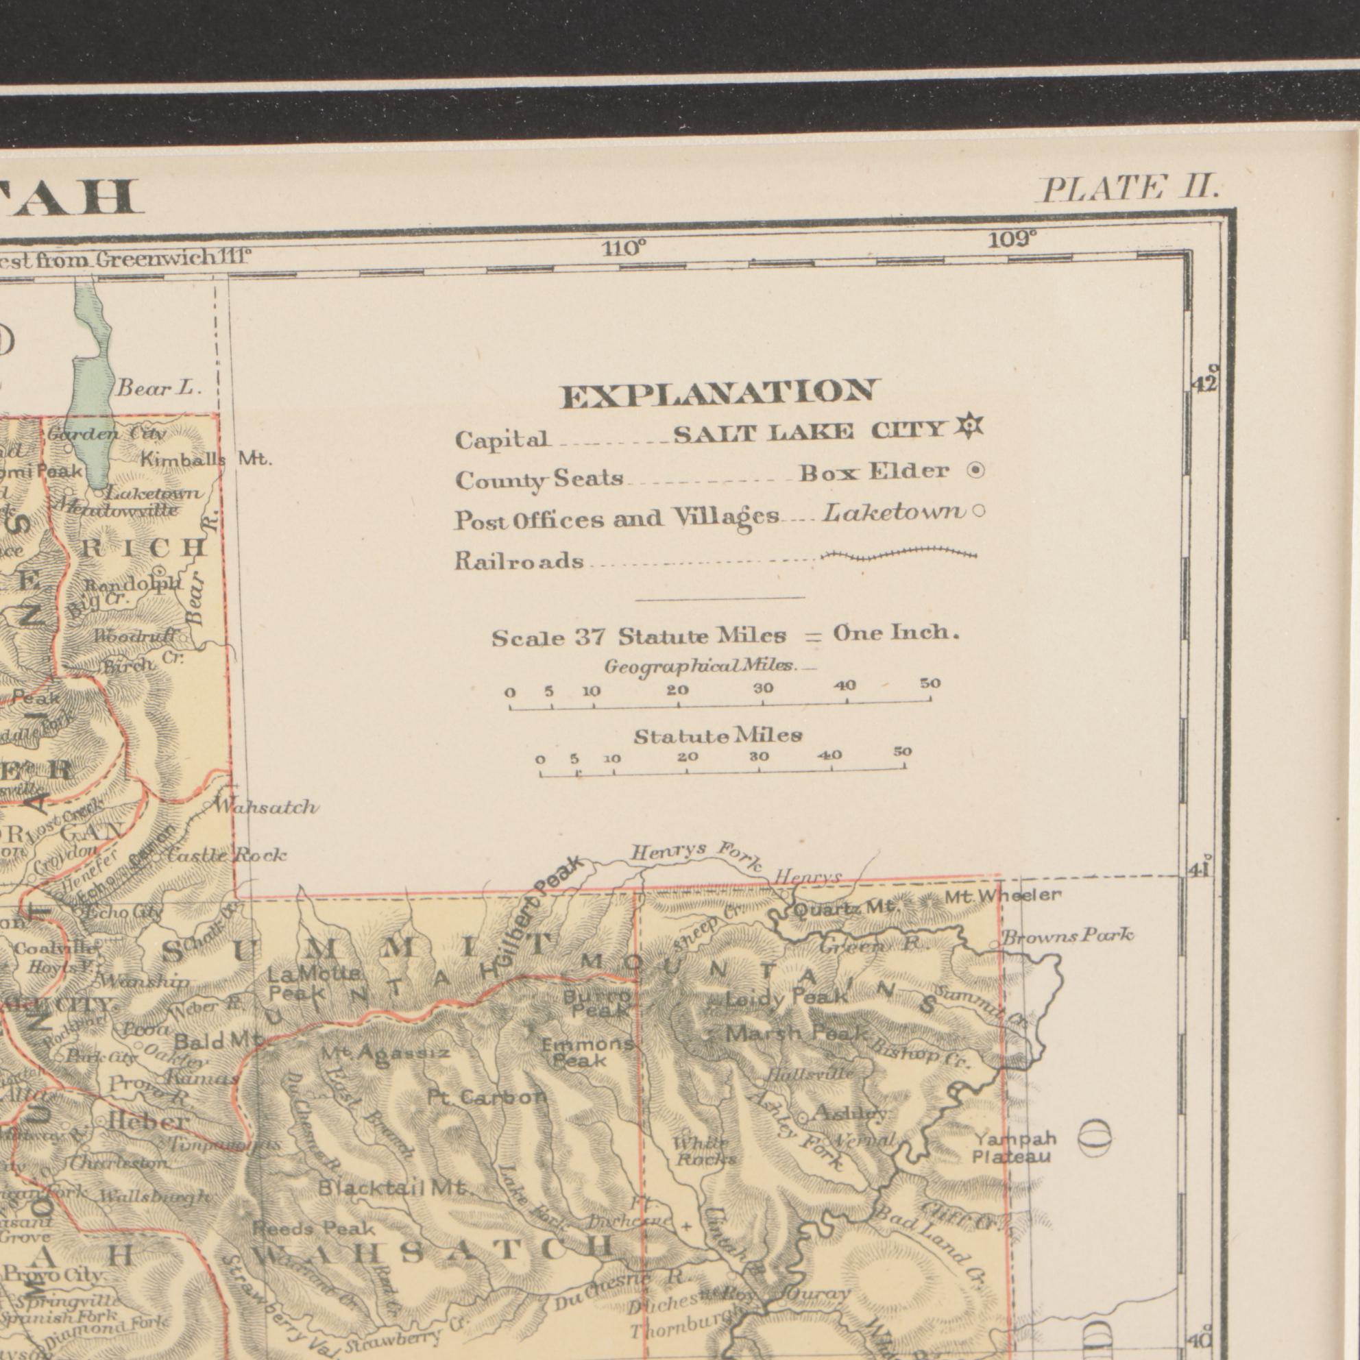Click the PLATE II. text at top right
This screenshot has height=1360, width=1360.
(x=1129, y=189)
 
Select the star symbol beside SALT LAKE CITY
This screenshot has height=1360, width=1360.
(x=970, y=426)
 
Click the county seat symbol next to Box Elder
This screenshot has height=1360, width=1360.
(x=975, y=471)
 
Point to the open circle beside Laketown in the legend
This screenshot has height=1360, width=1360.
(x=977, y=513)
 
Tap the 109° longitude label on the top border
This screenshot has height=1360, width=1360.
(x=1012, y=240)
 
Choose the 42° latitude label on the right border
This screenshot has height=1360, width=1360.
(x=1205, y=380)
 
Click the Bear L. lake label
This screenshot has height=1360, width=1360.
(x=159, y=388)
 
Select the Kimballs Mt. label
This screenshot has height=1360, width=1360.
(x=206, y=460)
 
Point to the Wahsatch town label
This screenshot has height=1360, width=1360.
(x=265, y=807)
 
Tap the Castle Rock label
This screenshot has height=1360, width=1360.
(x=227, y=855)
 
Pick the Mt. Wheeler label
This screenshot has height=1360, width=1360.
(x=1002, y=896)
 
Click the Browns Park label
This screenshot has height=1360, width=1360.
(x=1068, y=936)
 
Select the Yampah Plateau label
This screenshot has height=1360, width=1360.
(x=1015, y=1148)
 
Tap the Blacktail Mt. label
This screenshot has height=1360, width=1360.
(x=393, y=1188)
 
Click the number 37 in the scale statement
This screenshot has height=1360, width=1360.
(x=591, y=637)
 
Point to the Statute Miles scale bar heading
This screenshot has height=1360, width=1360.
(x=717, y=736)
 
